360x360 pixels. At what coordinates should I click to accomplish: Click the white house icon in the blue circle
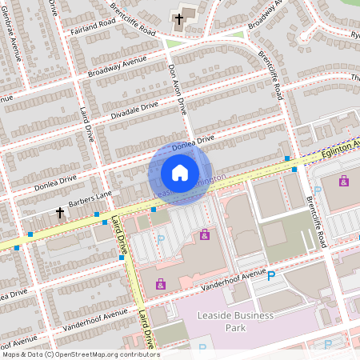coord(180,173)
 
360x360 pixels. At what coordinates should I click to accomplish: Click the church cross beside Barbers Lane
coord(60,213)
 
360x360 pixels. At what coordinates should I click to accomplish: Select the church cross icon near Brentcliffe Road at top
coord(178,18)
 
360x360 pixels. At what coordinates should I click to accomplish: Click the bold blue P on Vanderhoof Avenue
coord(271,276)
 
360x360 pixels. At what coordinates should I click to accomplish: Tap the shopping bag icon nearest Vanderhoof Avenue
coord(161,283)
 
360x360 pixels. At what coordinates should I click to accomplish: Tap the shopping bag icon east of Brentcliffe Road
coord(344,182)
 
